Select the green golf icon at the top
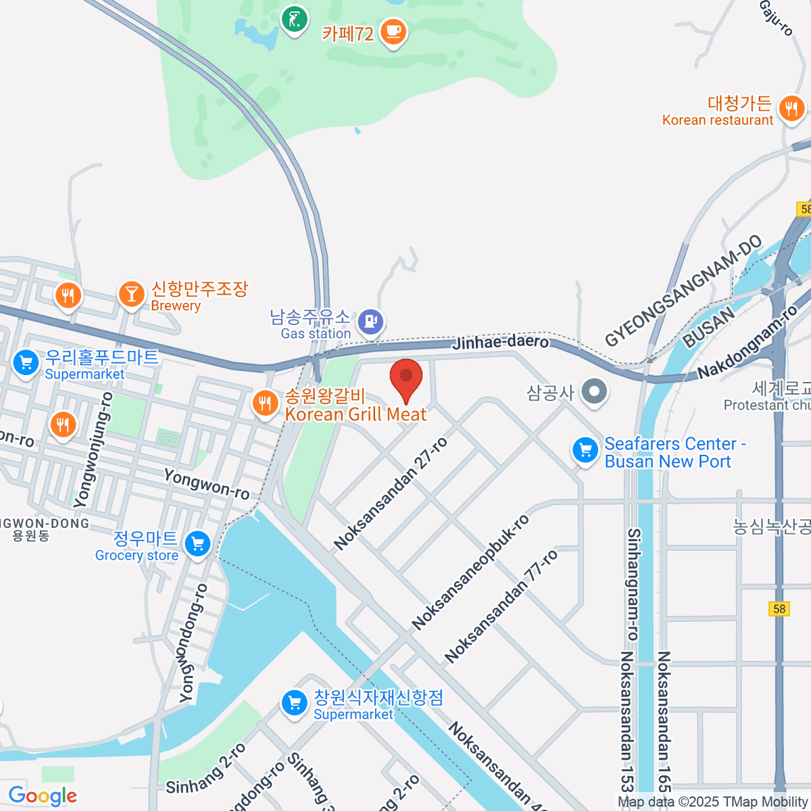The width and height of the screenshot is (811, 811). click(294, 20)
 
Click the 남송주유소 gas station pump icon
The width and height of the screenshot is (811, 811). click(370, 321)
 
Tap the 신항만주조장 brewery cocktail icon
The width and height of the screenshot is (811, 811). click(131, 294)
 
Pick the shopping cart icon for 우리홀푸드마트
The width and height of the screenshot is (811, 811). click(26, 364)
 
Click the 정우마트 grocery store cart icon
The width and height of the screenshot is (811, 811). click(197, 543)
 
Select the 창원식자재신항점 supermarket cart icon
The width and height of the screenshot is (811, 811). click(294, 703)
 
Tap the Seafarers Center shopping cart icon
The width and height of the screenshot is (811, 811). click(585, 451)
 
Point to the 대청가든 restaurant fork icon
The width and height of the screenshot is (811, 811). click(791, 108)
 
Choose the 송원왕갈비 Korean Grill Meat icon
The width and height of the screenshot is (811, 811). click(264, 404)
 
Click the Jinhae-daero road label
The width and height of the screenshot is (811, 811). click(500, 342)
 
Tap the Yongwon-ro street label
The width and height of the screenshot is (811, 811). click(206, 484)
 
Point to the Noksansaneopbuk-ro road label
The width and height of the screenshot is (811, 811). click(470, 572)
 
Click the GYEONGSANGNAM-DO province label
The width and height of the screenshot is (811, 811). click(683, 291)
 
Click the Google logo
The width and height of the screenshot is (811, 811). click(43, 795)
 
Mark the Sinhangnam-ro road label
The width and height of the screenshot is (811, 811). click(633, 584)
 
